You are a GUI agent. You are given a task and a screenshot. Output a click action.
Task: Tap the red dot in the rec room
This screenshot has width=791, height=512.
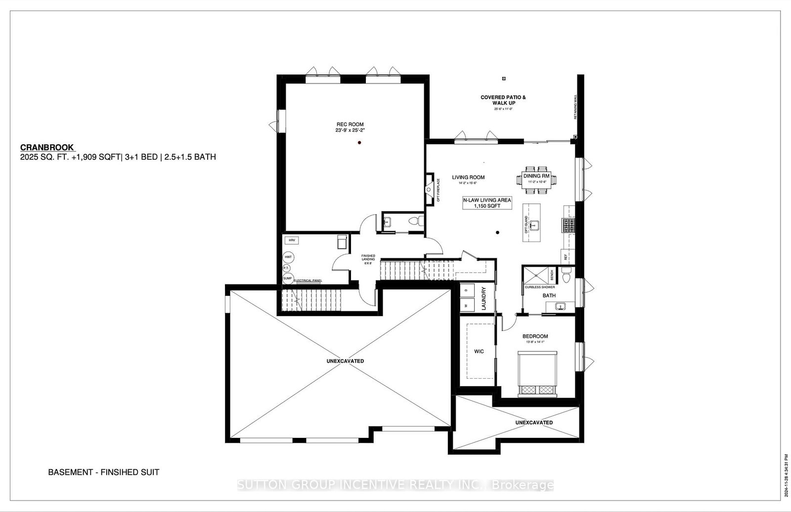(x=360, y=143)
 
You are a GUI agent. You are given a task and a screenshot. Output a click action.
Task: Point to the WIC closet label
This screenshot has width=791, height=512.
(x=479, y=352)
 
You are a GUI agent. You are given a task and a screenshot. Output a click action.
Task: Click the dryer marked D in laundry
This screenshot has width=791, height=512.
(x=466, y=291)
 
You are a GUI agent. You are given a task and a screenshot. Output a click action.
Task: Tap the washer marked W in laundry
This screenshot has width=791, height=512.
(x=466, y=306)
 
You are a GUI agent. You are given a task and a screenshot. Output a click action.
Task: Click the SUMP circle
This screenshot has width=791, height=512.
(x=288, y=278)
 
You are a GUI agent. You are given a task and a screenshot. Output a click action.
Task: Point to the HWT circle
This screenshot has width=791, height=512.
(x=288, y=257)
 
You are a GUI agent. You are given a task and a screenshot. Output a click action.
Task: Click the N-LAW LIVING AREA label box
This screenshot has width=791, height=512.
(x=487, y=203)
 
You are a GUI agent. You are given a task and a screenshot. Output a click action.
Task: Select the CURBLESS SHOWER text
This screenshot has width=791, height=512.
(x=539, y=287)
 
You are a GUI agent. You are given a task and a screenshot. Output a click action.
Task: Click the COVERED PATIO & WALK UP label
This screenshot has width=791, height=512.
(x=503, y=100)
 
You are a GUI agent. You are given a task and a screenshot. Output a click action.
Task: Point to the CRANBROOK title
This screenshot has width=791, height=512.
(x=47, y=147)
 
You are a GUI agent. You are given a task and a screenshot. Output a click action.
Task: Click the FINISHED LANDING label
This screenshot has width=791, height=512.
(x=368, y=259)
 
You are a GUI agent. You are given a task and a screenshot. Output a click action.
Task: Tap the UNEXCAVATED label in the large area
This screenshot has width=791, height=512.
(x=345, y=361)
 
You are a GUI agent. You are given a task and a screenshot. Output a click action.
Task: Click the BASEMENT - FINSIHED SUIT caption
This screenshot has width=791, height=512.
(x=103, y=472)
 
